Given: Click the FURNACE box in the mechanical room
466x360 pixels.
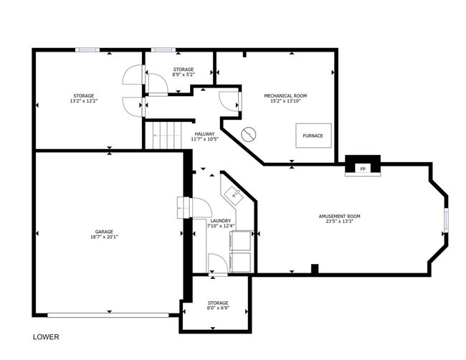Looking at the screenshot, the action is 313,136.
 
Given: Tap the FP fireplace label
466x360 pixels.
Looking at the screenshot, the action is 363,169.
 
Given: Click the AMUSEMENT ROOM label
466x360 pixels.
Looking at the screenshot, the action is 339,216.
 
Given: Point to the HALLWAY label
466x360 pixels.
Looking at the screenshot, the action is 204,134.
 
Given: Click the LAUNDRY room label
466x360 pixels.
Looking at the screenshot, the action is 221,221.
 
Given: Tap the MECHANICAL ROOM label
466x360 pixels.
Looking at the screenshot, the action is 285,95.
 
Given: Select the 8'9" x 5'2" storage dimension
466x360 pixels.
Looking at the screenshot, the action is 184,75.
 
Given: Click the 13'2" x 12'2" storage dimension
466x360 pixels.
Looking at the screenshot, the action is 84,101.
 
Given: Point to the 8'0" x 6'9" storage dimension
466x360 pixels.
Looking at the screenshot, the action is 218,308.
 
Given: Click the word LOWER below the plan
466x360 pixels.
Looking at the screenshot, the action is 46,337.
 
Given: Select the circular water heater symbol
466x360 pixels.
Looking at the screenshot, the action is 249,134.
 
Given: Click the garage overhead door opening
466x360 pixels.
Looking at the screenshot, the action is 108,315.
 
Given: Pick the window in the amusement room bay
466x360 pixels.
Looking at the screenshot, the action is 446,220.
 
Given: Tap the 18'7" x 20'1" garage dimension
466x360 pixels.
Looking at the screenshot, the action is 104,237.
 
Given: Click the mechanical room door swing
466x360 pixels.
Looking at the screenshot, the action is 229,101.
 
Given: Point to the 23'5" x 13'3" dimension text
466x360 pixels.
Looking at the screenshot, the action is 339,222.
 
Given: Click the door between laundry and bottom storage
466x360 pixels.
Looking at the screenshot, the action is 218,264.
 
